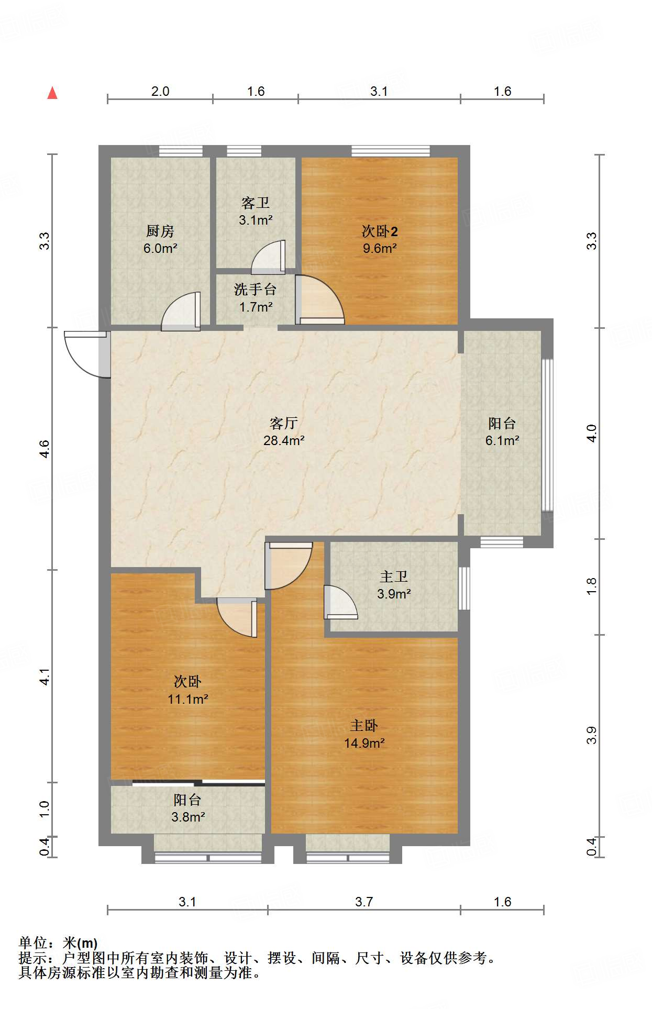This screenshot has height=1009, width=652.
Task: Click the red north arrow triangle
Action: click(x=52, y=93)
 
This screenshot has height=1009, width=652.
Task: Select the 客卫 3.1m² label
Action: click(x=256, y=211)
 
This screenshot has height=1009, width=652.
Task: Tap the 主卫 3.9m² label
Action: click(x=394, y=585)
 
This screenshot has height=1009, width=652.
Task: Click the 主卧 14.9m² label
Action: click(x=364, y=734)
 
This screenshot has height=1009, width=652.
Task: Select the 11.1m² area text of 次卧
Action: click(x=188, y=699)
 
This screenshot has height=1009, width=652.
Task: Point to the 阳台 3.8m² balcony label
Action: click(x=187, y=808)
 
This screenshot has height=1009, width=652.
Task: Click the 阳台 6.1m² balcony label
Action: click(x=502, y=431)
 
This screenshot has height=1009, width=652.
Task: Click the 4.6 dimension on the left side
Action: click(x=45, y=449)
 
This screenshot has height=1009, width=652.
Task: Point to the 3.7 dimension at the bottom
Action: click(x=364, y=902)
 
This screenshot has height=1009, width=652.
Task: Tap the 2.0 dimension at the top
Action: click(x=160, y=91)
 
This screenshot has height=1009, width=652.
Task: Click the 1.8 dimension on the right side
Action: click(x=591, y=586)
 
